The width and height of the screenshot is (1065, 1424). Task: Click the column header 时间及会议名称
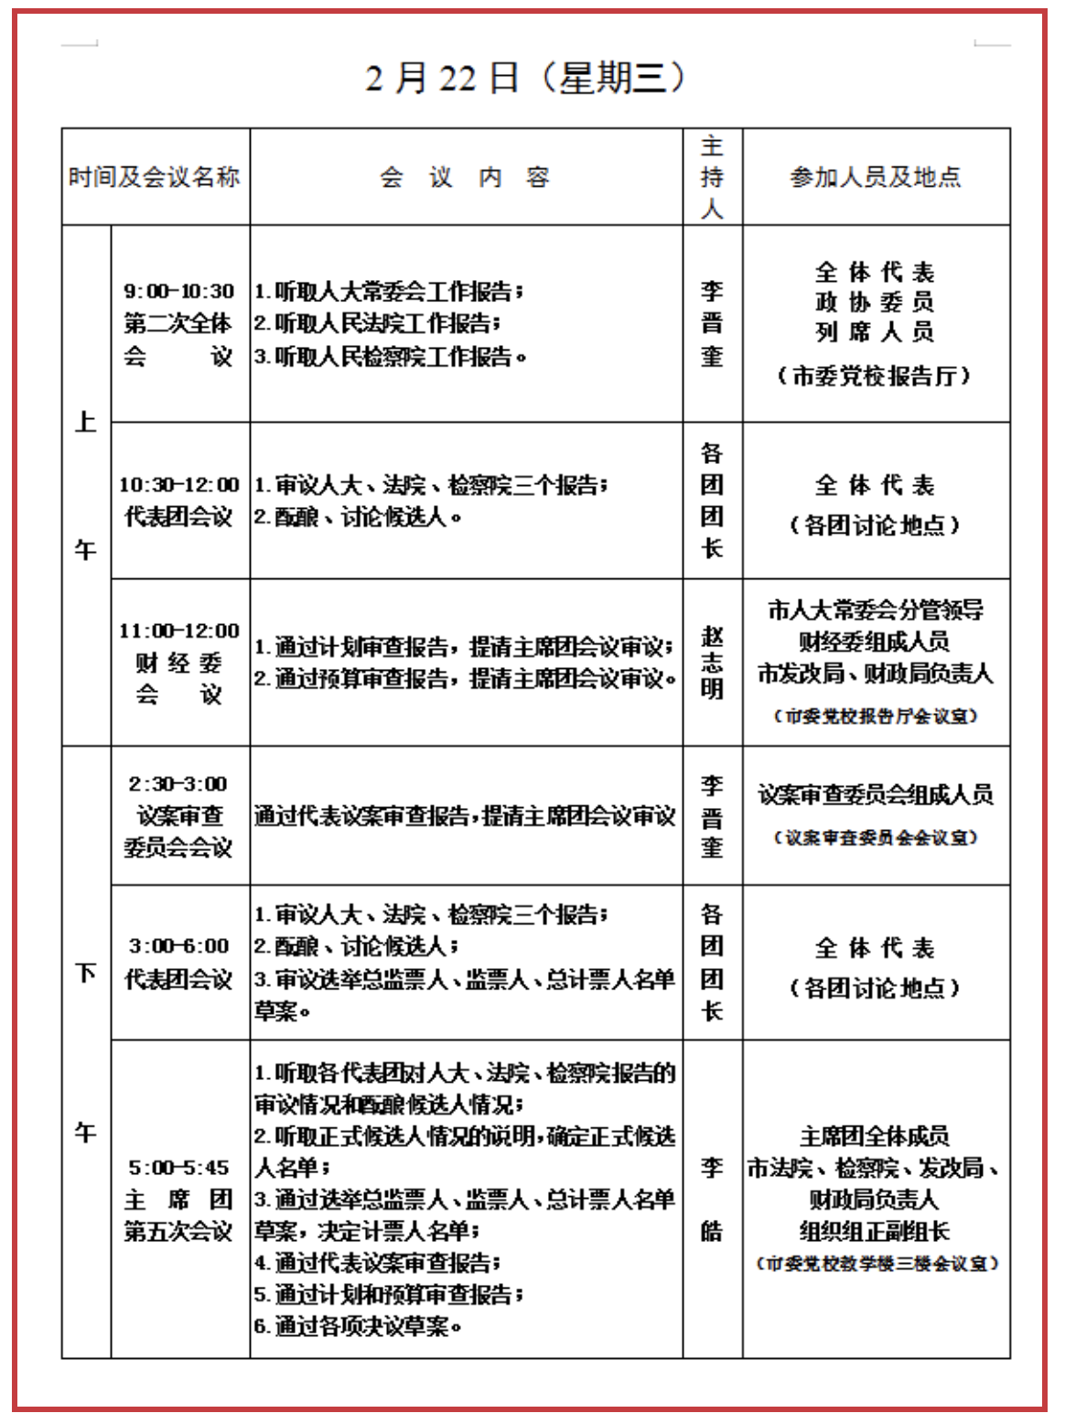click(155, 177)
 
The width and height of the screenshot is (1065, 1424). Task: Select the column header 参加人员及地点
click(876, 177)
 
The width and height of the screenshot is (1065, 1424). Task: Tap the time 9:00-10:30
click(179, 291)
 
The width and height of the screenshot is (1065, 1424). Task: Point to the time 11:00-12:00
click(179, 631)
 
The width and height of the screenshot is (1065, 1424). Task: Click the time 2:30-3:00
click(178, 783)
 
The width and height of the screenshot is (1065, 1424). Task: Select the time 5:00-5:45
click(178, 1167)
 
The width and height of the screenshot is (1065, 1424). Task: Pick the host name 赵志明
click(712, 662)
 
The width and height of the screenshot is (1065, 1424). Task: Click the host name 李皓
click(712, 1198)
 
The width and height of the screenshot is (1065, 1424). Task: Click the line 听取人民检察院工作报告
click(391, 356)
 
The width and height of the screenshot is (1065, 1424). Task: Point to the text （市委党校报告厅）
click(875, 375)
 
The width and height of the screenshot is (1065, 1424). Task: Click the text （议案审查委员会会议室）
click(876, 837)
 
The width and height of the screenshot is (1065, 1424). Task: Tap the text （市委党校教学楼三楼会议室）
click(877, 1263)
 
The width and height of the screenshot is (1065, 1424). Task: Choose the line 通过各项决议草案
click(359, 1325)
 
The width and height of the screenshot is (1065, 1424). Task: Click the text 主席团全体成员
click(875, 1136)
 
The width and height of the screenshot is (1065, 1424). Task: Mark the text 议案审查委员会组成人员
click(876, 794)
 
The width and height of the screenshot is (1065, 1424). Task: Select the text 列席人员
click(875, 331)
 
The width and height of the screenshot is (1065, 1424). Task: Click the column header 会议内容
click(465, 177)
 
